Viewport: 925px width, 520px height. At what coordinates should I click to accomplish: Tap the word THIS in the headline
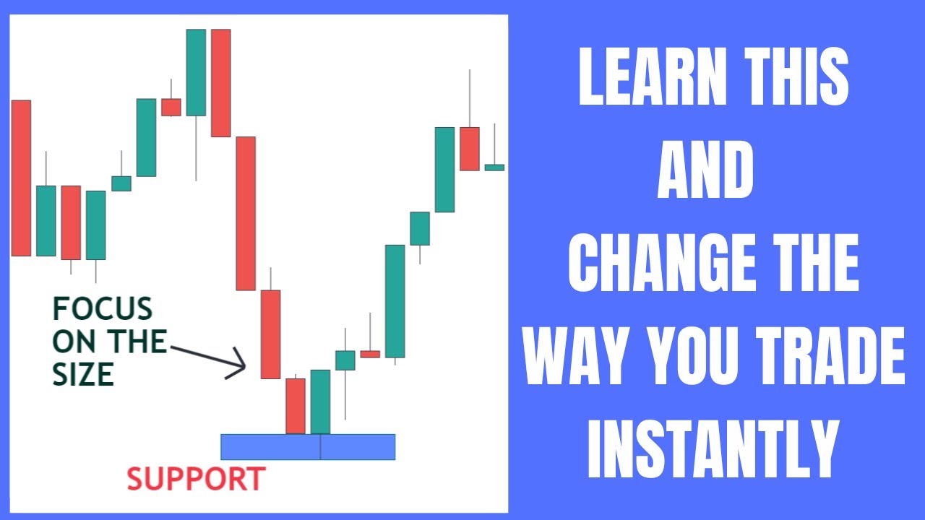792,77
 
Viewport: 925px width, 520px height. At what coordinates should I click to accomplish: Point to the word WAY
578,359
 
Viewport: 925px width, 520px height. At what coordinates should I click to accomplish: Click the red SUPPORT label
197,479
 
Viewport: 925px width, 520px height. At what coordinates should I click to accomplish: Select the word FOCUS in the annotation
103,310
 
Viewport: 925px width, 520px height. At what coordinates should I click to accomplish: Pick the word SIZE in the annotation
83,374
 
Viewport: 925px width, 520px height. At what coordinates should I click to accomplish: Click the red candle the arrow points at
270,334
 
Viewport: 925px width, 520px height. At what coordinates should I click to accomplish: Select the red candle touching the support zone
296,405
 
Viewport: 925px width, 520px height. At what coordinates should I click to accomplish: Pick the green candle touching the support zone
320,402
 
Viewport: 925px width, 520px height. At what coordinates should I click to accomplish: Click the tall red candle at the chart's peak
220,82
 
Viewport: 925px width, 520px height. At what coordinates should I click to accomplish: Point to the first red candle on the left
21,178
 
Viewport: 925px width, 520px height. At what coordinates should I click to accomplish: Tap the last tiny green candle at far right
494,167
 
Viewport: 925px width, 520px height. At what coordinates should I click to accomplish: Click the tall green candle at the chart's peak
196,72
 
